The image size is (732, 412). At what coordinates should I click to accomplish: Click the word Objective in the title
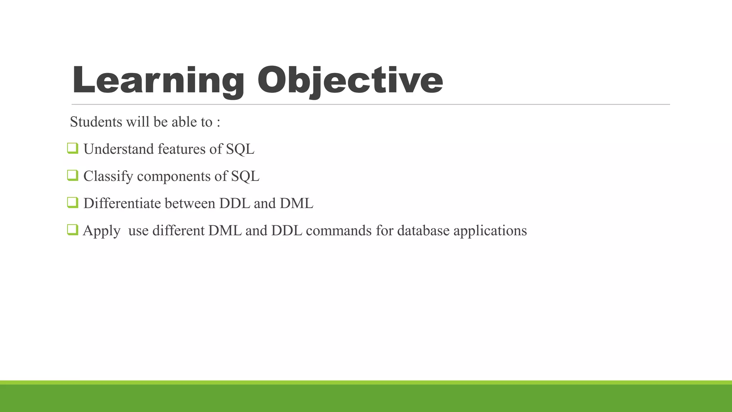pos(350,81)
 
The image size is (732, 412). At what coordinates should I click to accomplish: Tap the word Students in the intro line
pos(96,122)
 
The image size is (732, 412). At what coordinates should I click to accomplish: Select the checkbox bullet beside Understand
pos(73,148)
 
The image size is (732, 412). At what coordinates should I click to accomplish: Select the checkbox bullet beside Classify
pos(73,175)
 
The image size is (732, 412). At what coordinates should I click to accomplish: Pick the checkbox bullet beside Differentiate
pos(73,202)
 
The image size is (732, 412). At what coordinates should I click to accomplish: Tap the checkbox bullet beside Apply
pos(73,230)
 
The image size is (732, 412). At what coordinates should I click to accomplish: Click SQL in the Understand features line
pos(240,149)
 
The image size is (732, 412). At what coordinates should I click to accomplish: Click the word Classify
pos(108,176)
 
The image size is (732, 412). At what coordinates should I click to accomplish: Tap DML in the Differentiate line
pos(296,203)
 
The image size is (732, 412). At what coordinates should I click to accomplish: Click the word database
pos(423,231)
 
